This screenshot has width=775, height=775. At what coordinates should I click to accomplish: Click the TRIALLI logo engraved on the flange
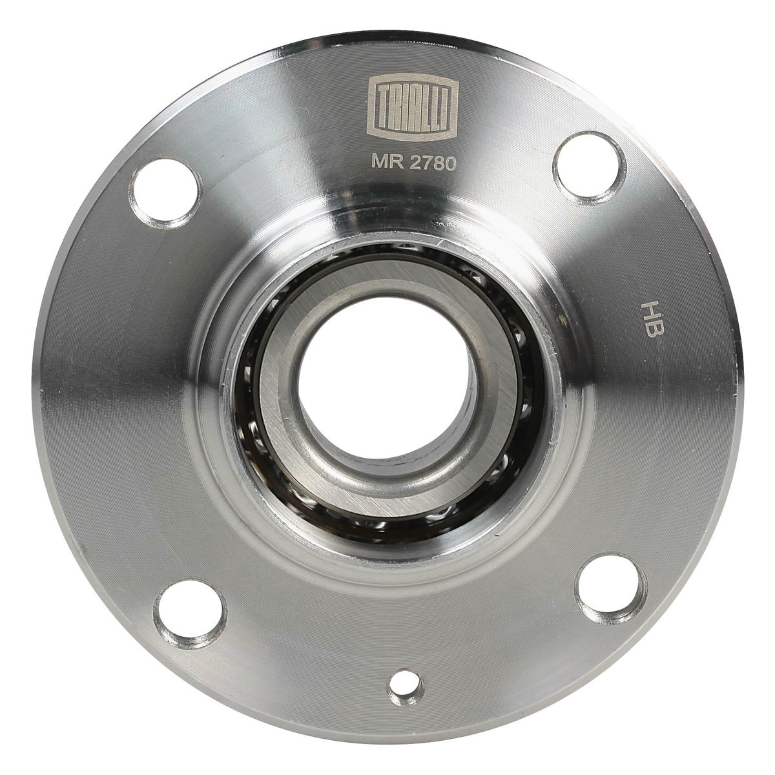413,107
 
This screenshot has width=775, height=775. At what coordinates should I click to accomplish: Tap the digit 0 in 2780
450,163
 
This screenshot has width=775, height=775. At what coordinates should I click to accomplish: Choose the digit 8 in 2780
439,162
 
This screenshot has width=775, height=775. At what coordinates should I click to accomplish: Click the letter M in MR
378,161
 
